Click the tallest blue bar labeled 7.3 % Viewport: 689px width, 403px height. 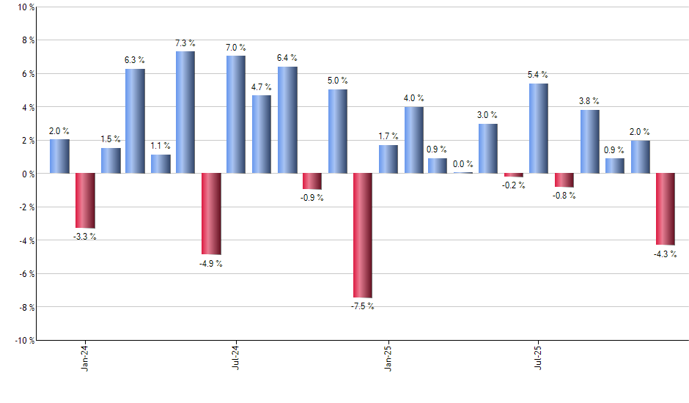[185, 112]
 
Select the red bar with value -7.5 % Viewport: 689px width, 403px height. [363, 235]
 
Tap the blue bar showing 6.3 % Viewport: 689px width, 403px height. [135, 121]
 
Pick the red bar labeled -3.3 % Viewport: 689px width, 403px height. [85, 200]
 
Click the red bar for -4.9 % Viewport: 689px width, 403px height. [211, 213]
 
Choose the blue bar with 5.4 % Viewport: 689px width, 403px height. [539, 128]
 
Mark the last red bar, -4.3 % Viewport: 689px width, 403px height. [665, 209]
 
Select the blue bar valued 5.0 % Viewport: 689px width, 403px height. [338, 131]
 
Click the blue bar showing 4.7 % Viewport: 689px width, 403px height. [262, 134]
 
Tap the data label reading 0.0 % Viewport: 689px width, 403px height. [463, 164]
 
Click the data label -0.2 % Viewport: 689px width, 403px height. [514, 185]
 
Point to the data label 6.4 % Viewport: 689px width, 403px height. [287, 58]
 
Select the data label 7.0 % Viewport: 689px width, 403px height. [236, 48]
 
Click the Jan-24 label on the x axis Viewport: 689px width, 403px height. [86, 357]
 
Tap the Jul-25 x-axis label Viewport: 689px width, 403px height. [539, 357]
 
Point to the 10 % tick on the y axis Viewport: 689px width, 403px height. [25, 7]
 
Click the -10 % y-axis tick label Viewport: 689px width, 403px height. [23, 340]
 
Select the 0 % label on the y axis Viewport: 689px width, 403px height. [27, 174]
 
